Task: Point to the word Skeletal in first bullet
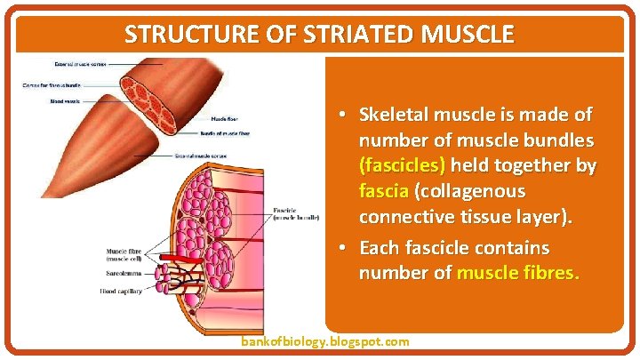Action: (x=396, y=115)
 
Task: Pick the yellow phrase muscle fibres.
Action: (x=517, y=273)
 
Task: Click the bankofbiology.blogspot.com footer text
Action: (x=325, y=341)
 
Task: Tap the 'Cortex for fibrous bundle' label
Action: (x=49, y=85)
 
